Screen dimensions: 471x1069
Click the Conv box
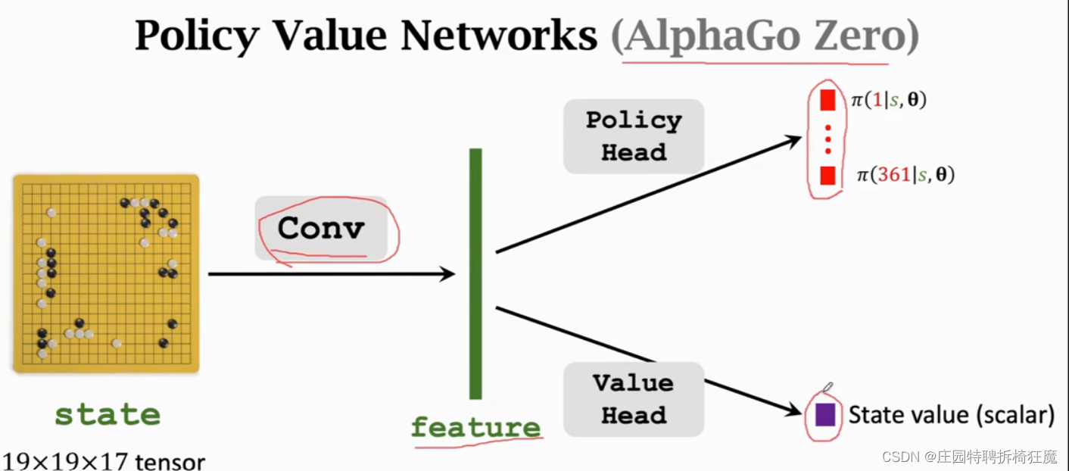[321, 228]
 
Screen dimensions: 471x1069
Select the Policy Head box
[634, 136]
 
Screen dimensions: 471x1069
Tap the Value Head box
[634, 399]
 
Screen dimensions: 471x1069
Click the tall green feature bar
[475, 273]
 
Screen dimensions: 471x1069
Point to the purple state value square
[824, 414]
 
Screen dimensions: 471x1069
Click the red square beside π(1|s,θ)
[827, 100]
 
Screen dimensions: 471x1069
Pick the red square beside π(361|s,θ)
[827, 176]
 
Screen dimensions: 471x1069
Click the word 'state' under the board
[108, 414]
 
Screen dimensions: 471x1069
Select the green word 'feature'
[475, 427]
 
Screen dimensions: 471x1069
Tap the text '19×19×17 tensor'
[104, 460]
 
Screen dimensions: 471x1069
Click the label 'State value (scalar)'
[952, 415]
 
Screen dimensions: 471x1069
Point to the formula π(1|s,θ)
[889, 100]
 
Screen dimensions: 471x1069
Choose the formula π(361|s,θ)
[905, 176]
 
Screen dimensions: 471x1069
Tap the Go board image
[106, 273]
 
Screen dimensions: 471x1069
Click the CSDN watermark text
[970, 457]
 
